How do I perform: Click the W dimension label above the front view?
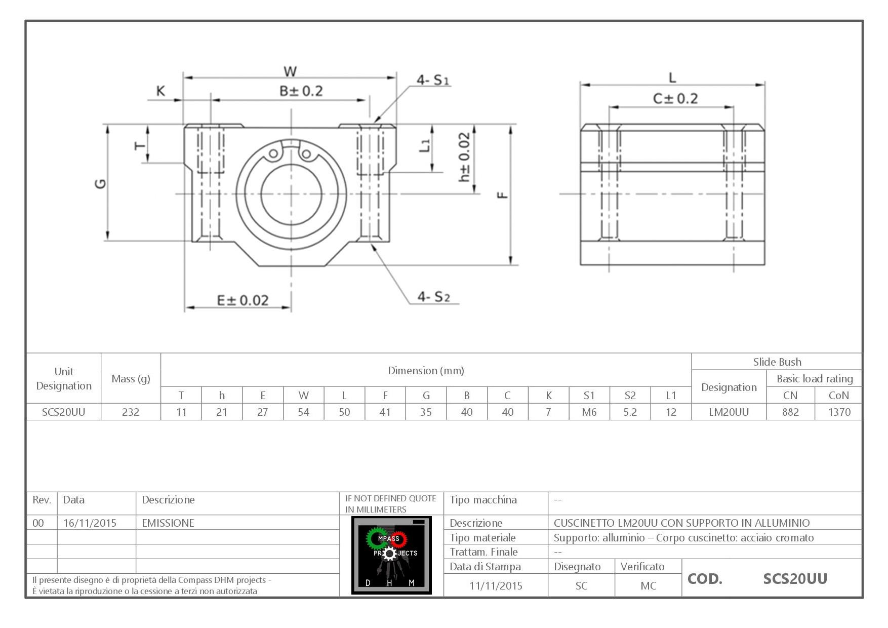tap(290, 71)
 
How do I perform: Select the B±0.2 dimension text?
tap(301, 91)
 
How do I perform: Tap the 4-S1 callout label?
tap(433, 80)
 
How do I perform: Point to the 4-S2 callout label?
tap(433, 297)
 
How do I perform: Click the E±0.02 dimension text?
tap(243, 300)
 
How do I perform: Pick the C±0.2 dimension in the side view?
tap(675, 98)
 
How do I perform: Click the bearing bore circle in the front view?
tap(291, 194)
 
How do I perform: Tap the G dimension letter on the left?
tap(101, 183)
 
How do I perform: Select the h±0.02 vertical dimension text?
tap(464, 158)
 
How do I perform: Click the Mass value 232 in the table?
tap(131, 412)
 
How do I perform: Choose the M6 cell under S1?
tap(589, 412)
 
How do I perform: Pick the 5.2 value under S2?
tap(630, 412)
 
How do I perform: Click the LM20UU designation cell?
tap(729, 412)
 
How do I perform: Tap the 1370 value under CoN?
tap(839, 412)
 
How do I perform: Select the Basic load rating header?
tap(814, 379)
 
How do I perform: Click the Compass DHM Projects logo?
tap(391, 555)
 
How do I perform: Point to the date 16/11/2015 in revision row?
tap(90, 523)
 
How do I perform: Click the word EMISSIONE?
tap(168, 523)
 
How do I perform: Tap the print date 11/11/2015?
tap(495, 586)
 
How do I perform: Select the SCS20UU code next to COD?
tap(795, 579)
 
